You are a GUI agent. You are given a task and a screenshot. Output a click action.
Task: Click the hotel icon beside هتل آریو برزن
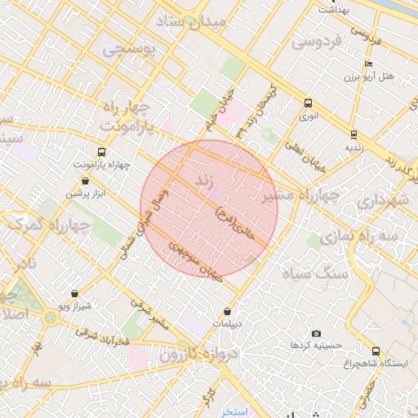pos(369,64)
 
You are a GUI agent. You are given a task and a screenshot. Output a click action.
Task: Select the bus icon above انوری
pos(308,104)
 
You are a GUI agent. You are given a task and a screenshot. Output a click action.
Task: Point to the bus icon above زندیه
pos(354,134)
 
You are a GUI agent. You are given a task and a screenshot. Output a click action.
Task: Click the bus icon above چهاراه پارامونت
pos(101,152)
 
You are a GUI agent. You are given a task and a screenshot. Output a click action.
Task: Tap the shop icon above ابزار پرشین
pos(86,181)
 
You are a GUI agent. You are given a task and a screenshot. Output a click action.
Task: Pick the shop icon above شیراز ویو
pos(75,292)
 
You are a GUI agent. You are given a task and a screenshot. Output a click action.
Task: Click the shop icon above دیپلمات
pos(227,311)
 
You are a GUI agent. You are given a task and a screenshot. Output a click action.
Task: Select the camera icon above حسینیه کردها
pos(316,333)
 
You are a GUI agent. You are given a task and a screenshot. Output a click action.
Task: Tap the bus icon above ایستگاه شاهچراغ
pos(375,350)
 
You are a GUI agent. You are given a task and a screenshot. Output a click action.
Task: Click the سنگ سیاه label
pos(315,274)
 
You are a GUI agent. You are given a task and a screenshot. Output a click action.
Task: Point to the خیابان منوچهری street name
pos(196,261)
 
